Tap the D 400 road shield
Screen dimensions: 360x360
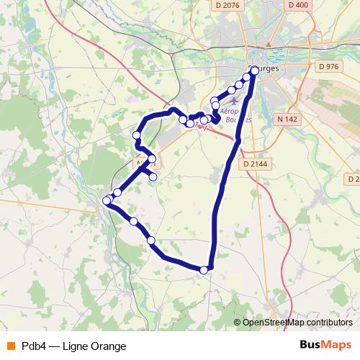[x=297, y=6]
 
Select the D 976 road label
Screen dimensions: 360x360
[x=328, y=66]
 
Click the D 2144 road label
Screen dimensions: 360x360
[x=256, y=164]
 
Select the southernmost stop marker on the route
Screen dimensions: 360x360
[x=204, y=271]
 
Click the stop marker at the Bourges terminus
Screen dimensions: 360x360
[x=254, y=71]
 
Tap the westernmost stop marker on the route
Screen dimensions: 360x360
[x=107, y=201]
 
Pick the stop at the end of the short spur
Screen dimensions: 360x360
[x=153, y=177]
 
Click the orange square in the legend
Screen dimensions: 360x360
[x=10, y=346]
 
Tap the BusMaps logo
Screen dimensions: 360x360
[x=326, y=346]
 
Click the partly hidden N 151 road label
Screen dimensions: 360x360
[x=145, y=164]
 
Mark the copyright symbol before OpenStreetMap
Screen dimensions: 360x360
[x=238, y=323]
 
